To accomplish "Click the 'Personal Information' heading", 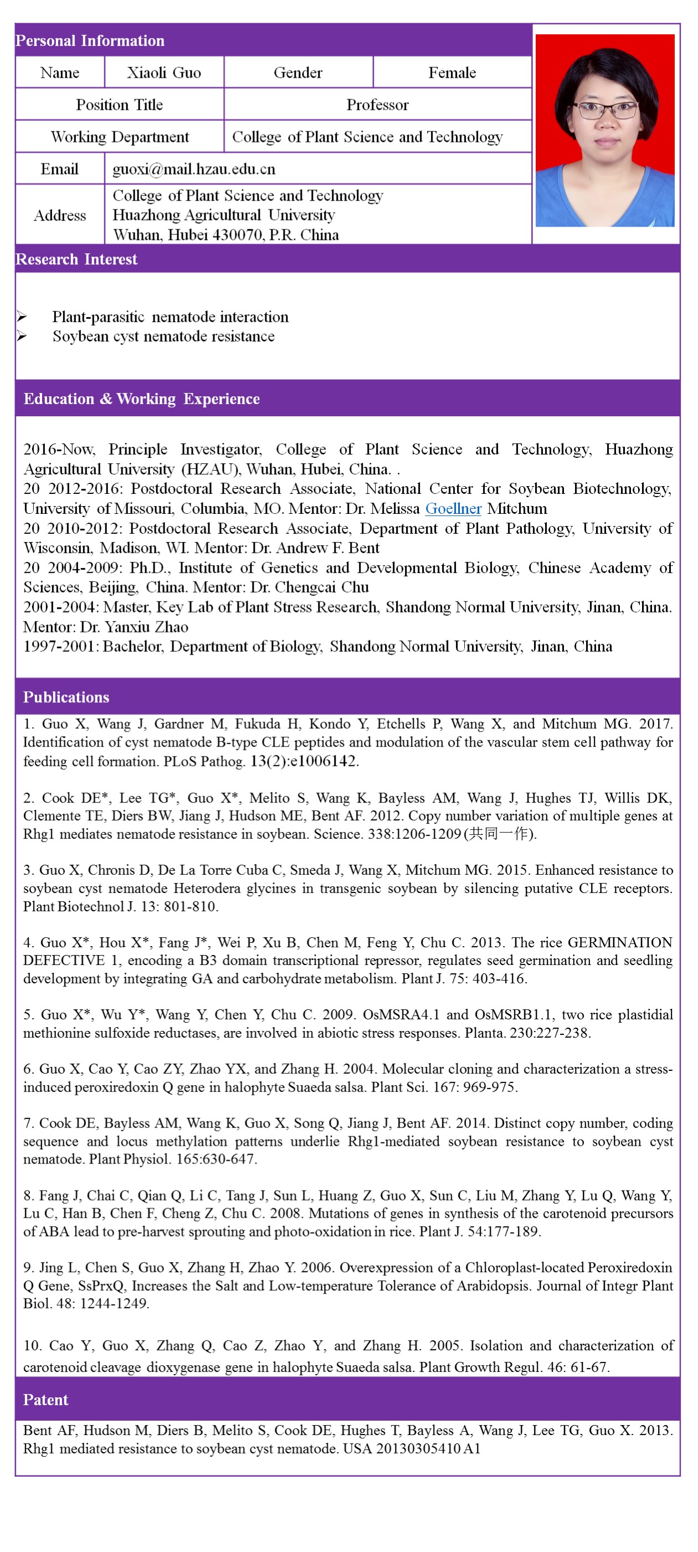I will (x=90, y=40).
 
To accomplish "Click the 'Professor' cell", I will (x=377, y=105).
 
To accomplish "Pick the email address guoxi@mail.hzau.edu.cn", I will (x=194, y=169).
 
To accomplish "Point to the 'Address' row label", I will (x=60, y=215).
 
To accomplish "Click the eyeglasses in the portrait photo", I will (x=605, y=110).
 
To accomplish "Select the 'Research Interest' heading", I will (x=76, y=259).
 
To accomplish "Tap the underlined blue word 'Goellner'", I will (x=453, y=508).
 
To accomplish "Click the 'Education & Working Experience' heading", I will (x=141, y=399).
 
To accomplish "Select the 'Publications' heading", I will (x=66, y=697).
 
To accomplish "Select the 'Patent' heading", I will (x=46, y=1400).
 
